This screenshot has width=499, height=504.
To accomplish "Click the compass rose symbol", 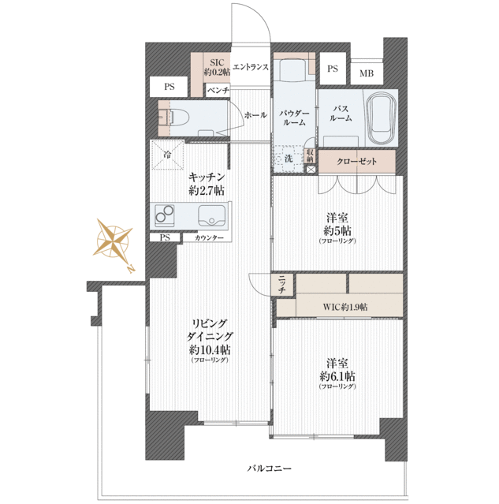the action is [x=113, y=241].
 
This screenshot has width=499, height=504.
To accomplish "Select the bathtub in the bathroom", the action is [x=382, y=118].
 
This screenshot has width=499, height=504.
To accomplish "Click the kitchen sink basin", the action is [x=211, y=215].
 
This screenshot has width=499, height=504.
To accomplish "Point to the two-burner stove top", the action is [x=165, y=215].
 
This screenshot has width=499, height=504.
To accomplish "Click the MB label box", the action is [x=367, y=73].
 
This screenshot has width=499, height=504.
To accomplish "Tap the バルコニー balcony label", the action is [x=270, y=468].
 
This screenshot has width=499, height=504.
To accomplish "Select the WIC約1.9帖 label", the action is [x=345, y=307].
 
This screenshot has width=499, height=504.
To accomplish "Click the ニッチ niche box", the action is [x=281, y=285].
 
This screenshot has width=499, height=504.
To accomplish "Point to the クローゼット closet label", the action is [x=356, y=161].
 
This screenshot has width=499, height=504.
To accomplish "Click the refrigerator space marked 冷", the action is [x=167, y=155].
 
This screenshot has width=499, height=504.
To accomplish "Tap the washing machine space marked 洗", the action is [x=289, y=159].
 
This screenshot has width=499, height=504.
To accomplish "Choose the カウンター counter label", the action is [x=209, y=238].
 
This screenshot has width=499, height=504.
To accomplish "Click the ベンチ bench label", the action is [x=218, y=91].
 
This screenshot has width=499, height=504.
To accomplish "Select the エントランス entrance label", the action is [x=251, y=67].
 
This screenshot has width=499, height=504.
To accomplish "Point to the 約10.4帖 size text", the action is [x=210, y=349].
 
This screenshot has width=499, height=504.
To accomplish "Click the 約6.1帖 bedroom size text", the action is [x=337, y=375].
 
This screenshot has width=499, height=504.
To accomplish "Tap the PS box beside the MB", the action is [x=333, y=69].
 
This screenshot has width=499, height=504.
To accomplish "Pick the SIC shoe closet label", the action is [x=217, y=67].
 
